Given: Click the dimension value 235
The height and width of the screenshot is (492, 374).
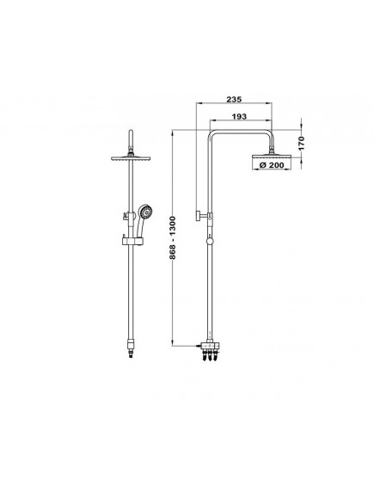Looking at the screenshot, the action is click(234, 100).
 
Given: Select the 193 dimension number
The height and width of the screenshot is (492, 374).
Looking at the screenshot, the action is click(239, 116).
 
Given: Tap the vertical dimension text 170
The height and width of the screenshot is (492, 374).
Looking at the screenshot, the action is click(301, 143).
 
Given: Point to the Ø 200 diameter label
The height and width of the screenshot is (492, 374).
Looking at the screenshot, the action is click(272, 165).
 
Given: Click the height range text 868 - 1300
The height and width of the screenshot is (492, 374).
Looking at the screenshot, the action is click(173, 237).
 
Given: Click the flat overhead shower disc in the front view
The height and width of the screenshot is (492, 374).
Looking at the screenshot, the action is click(131, 158).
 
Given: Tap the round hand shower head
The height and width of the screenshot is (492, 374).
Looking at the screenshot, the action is click(145, 212).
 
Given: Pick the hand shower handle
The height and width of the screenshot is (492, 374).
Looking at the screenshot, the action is click(139, 227).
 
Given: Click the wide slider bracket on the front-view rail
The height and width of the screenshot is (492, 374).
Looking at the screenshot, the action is click(132, 241).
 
